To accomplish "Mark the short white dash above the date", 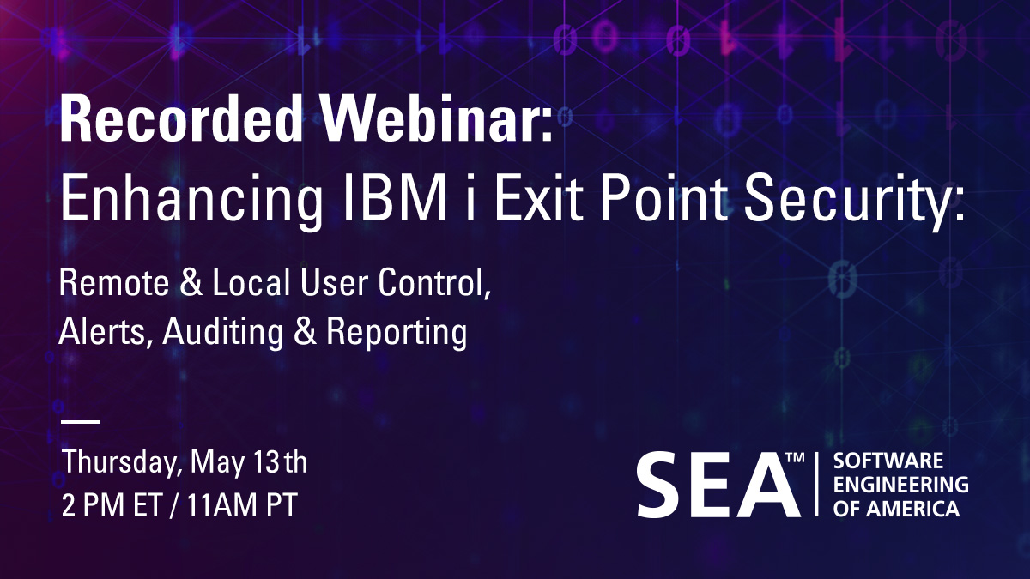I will tap(81, 422).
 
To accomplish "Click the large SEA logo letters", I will tap(712, 485).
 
